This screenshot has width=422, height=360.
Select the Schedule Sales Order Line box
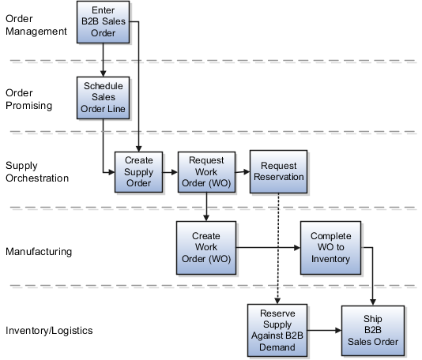pyautogui.click(x=104, y=96)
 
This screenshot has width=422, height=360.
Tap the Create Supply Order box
pyautogui.click(x=140, y=171)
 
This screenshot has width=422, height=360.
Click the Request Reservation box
pyautogui.click(x=277, y=171)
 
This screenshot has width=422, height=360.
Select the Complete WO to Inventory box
pyautogui.click(x=330, y=247)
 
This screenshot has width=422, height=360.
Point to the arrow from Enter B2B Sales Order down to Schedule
pyautogui.click(x=104, y=60)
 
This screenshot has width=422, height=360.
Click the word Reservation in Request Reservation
pyautogui.click(x=277, y=178)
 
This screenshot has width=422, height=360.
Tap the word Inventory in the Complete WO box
pyautogui.click(x=330, y=258)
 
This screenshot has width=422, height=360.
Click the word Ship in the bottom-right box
pyautogui.click(x=371, y=318)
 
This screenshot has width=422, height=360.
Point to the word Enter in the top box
pyautogui.click(x=104, y=10)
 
